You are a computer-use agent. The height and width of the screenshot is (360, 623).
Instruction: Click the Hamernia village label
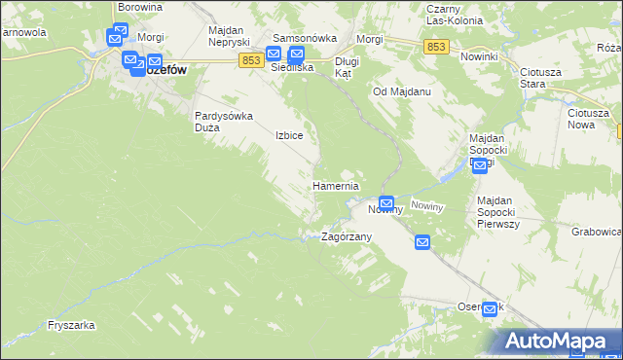tap(336, 186)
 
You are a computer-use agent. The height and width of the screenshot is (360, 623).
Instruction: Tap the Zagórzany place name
tap(347, 236)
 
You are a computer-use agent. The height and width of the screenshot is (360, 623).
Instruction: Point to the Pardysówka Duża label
tap(224, 122)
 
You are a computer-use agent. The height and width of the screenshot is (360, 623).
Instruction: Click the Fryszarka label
tap(69, 326)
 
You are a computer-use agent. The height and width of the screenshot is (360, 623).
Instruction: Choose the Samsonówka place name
tap(304, 38)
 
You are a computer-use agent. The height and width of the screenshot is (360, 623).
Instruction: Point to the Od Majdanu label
tap(402, 91)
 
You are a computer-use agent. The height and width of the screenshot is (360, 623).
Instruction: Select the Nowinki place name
tap(479, 56)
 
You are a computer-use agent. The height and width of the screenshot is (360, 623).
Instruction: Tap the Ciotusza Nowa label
tap(588, 119)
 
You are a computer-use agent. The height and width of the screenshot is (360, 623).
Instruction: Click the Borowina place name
tap(138, 7)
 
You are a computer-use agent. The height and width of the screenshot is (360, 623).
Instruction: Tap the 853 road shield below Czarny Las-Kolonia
tap(436, 46)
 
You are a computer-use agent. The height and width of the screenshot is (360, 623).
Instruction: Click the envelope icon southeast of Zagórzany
tap(422, 242)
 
